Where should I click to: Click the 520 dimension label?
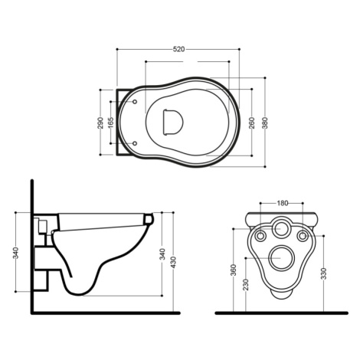pyautogui.click(x=178, y=49)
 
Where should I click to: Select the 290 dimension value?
pyautogui.click(x=100, y=123)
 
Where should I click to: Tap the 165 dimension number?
pyautogui.click(x=111, y=123)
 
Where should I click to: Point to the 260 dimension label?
pyautogui.click(x=252, y=123)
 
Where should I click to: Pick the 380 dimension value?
pyautogui.click(x=265, y=123)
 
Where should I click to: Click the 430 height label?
pyautogui.click(x=173, y=263)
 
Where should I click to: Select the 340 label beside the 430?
pyautogui.click(x=162, y=254)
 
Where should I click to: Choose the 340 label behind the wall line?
pyautogui.click(x=16, y=253)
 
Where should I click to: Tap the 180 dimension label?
pyautogui.click(x=283, y=203)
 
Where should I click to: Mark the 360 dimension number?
pyautogui.click(x=234, y=270)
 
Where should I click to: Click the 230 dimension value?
pyautogui.click(x=246, y=285)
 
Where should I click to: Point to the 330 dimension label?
pyautogui.click(x=324, y=273)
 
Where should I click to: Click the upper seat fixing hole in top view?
pyautogui.click(x=135, y=102)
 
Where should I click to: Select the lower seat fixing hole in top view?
pyautogui.click(x=135, y=143)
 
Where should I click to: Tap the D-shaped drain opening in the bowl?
pyautogui.click(x=173, y=122)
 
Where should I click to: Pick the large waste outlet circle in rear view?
pyautogui.click(x=282, y=258)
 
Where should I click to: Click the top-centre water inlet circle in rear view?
pyautogui.click(x=282, y=228)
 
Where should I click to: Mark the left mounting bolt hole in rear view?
pyautogui.click(x=260, y=236)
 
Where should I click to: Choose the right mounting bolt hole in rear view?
pyautogui.click(x=303, y=236)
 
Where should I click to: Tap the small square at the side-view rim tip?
pyautogui.click(x=148, y=219)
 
